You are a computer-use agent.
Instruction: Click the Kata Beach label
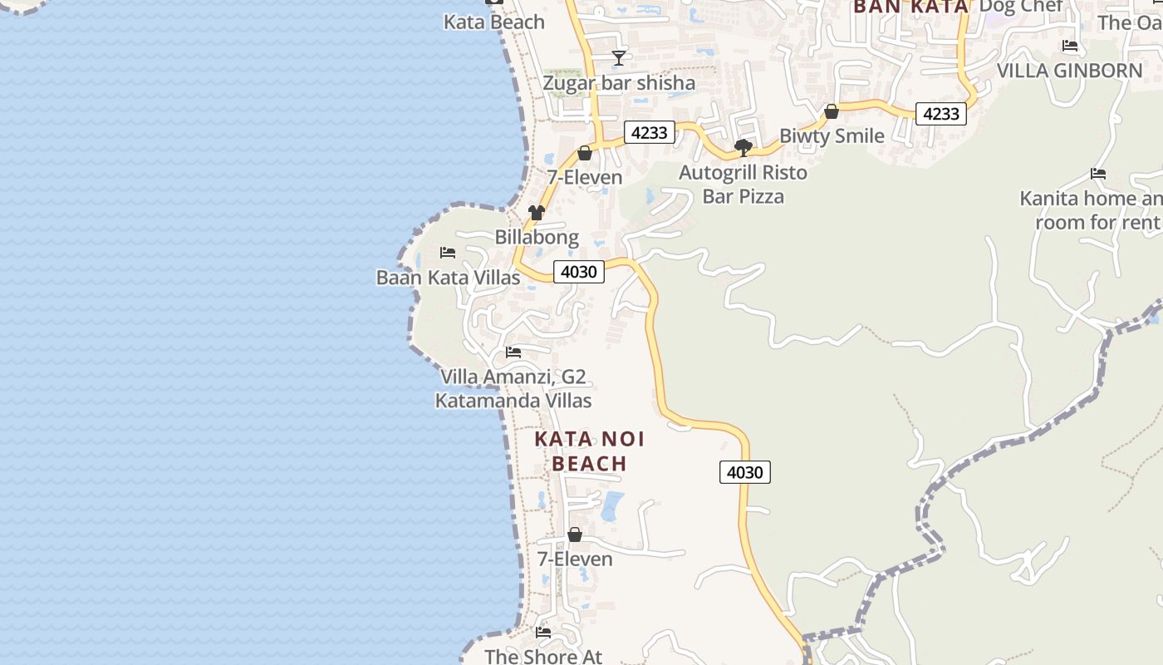(493, 22)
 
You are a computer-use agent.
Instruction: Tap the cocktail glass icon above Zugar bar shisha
(619, 57)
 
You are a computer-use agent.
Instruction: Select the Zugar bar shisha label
(619, 83)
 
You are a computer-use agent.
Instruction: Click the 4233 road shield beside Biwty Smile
(941, 114)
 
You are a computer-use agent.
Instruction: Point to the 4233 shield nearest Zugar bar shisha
(649, 132)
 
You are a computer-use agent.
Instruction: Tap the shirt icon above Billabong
(537, 213)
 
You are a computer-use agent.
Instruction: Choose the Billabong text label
(537, 237)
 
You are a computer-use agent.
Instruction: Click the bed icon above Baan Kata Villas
(448, 252)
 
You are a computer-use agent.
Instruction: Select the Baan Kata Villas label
(449, 278)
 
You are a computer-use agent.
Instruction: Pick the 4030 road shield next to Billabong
(579, 272)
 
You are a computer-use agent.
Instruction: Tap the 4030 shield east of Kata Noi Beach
(744, 472)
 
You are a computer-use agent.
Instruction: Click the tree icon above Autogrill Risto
(743, 148)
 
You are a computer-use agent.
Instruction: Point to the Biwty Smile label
(832, 135)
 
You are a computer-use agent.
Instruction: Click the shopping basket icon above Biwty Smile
(832, 111)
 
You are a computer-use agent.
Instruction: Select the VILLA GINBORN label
(1070, 71)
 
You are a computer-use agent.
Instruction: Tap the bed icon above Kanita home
(1098, 174)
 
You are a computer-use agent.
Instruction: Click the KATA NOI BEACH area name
(590, 451)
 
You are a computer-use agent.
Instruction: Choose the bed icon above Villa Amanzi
(513, 352)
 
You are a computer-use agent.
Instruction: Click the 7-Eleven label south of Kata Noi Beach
(575, 559)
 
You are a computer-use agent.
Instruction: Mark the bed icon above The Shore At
(543, 633)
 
